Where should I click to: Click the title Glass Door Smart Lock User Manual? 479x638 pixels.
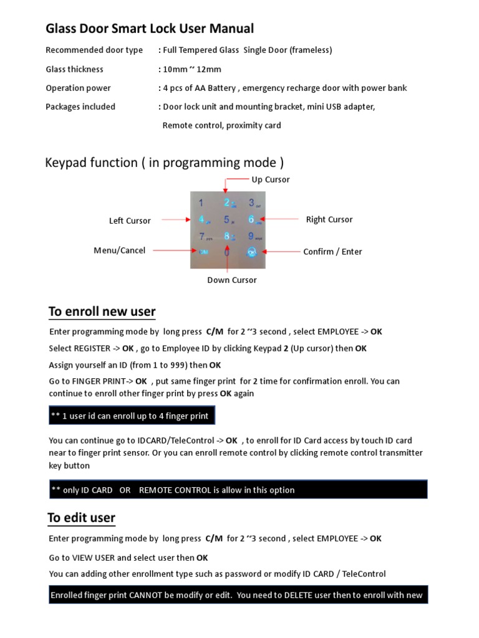(150, 29)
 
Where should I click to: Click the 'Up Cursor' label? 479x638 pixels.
(270, 179)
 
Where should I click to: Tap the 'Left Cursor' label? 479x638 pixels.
(130, 221)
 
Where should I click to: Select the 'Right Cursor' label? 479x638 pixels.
(329, 219)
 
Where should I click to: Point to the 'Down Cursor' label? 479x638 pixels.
(232, 280)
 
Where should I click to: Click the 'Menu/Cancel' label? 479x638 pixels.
(119, 250)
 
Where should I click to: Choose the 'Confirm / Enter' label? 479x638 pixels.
(332, 252)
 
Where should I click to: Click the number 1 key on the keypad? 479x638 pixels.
(201, 203)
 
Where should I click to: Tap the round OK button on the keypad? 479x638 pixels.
(251, 252)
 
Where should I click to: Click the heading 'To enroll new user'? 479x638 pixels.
(102, 312)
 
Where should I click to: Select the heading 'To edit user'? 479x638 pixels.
(82, 518)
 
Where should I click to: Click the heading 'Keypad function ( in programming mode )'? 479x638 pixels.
(165, 163)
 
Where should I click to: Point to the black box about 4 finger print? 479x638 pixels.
(132, 416)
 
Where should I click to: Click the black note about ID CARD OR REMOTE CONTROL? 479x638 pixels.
(238, 490)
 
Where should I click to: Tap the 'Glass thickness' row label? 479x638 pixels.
(75, 69)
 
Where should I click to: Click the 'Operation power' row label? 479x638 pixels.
(79, 88)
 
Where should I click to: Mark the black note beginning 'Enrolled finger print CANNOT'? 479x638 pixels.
(238, 595)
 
